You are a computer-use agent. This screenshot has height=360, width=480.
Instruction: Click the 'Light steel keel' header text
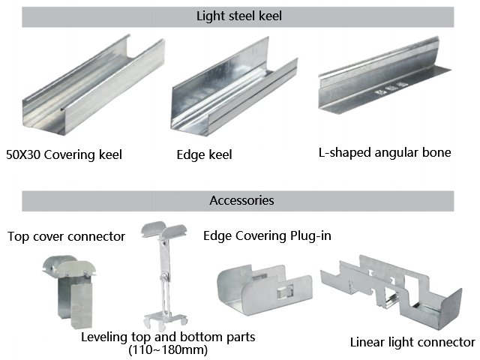(x=239, y=16)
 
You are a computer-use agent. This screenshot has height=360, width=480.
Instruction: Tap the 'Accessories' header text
(x=241, y=200)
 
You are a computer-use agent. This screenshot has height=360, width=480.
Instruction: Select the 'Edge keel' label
(x=204, y=155)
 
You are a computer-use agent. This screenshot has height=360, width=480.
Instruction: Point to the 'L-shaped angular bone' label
(x=385, y=152)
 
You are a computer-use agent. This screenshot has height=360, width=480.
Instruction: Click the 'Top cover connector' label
(x=66, y=236)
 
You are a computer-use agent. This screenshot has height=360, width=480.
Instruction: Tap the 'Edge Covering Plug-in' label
(x=267, y=235)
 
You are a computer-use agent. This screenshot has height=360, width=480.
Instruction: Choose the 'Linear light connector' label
(x=412, y=343)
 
